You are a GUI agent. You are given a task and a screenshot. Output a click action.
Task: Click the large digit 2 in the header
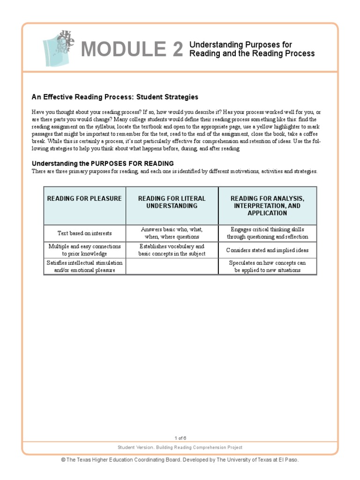click(178, 49)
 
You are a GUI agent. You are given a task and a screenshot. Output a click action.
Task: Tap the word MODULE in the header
click(123, 49)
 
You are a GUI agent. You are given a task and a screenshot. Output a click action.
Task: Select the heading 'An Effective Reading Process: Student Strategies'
click(115, 97)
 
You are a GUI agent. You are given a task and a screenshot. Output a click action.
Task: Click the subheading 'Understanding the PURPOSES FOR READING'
click(103, 164)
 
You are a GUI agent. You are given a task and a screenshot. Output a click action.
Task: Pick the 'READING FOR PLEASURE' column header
click(84, 199)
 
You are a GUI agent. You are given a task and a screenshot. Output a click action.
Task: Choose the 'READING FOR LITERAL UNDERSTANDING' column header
click(172, 202)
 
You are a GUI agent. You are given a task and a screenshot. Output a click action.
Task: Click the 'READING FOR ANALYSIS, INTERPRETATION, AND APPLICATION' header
click(267, 206)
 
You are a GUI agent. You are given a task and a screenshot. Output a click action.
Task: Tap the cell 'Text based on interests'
click(84, 233)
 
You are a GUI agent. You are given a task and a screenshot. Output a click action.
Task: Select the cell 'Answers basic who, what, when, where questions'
click(172, 233)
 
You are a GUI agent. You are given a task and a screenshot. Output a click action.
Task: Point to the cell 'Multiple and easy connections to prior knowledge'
click(84, 250)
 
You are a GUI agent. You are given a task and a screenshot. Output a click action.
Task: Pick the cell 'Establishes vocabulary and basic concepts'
click(172, 250)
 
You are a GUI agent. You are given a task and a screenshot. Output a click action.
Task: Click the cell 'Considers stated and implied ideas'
click(267, 250)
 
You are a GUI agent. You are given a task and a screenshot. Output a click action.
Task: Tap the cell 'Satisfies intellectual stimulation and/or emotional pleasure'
click(84, 266)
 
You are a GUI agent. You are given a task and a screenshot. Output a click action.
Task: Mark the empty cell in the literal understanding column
click(172, 266)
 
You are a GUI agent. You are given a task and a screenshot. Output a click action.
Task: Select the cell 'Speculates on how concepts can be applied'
click(267, 266)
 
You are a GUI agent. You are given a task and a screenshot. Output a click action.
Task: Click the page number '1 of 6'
click(180, 438)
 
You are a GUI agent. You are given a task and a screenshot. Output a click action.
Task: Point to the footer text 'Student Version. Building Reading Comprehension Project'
click(180, 448)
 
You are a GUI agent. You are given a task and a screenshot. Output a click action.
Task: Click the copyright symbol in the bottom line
click(63, 460)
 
